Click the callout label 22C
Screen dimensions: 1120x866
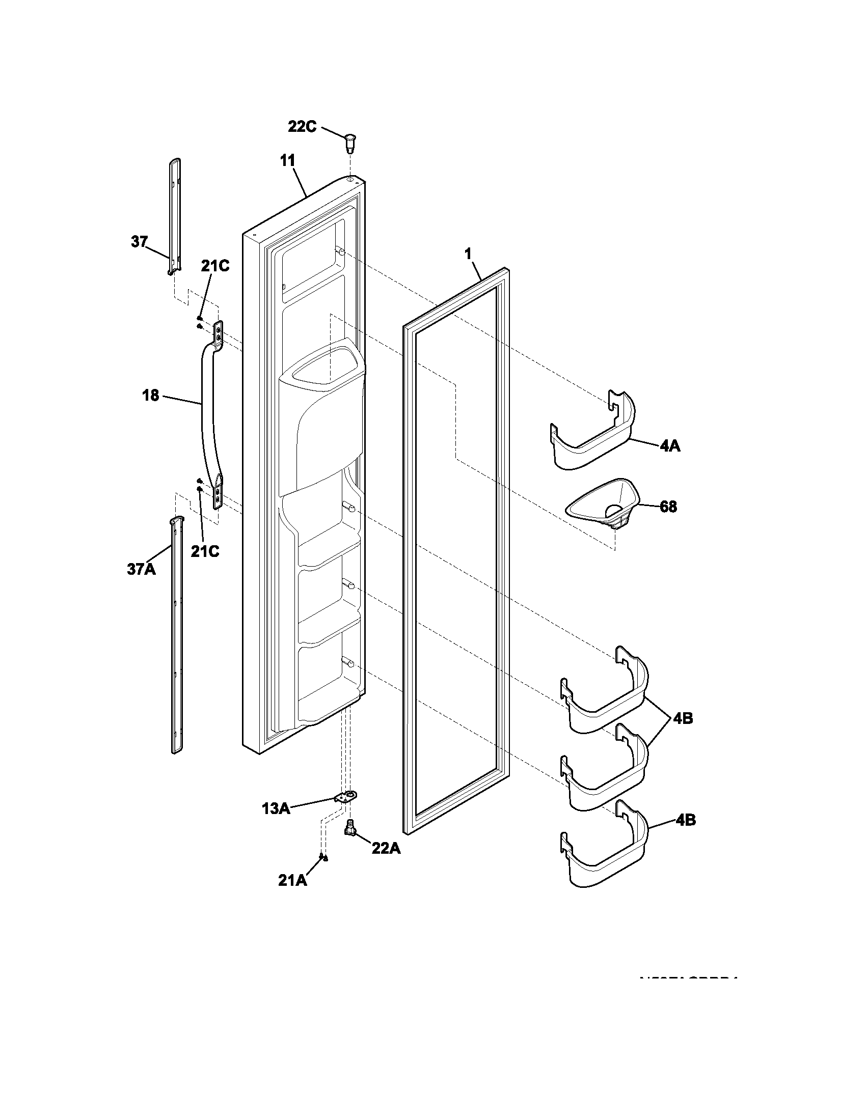pos(302,126)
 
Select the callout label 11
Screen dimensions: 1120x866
pos(288,160)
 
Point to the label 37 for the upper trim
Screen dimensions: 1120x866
pos(139,241)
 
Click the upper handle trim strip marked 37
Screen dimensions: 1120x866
pos(174,215)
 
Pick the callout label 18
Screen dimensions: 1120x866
pos(151,396)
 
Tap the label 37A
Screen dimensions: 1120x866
pos(141,569)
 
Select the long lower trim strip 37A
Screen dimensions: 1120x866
pos(176,636)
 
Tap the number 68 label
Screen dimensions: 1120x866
pos(668,507)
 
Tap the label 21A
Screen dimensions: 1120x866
pos(293,881)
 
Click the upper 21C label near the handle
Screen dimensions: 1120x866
pos(215,266)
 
